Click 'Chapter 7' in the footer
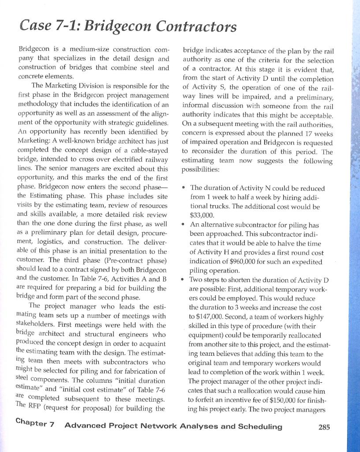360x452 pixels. [x=37, y=425]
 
